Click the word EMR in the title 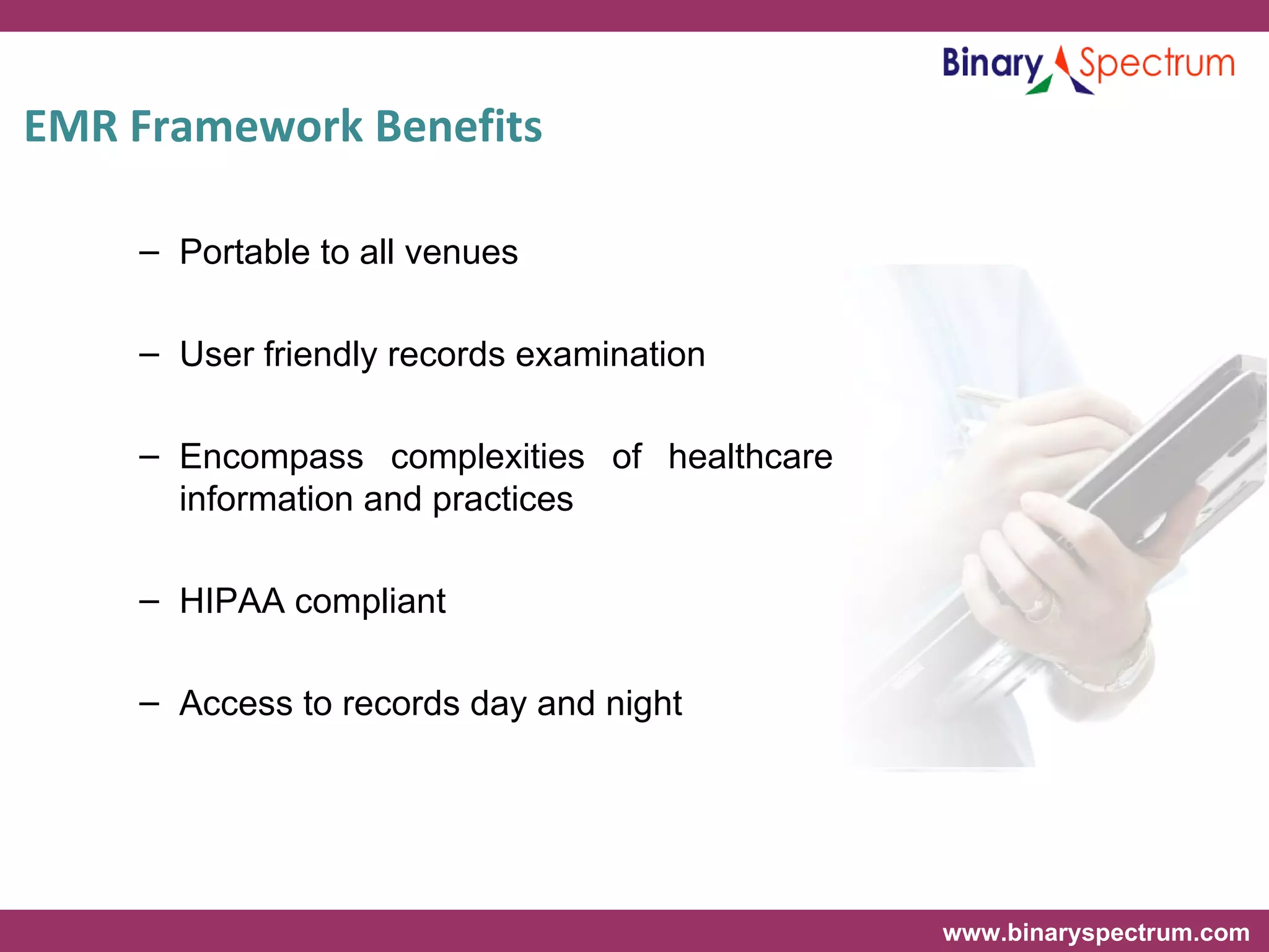coord(71,126)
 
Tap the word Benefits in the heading coord(459,126)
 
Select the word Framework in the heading coord(246,126)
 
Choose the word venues coord(461,252)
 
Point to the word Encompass coord(271,457)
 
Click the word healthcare coord(750,457)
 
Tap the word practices coord(503,500)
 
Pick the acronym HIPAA coord(232,601)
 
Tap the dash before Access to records coord(149,703)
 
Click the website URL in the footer coord(1096,932)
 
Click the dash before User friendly coord(149,355)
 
